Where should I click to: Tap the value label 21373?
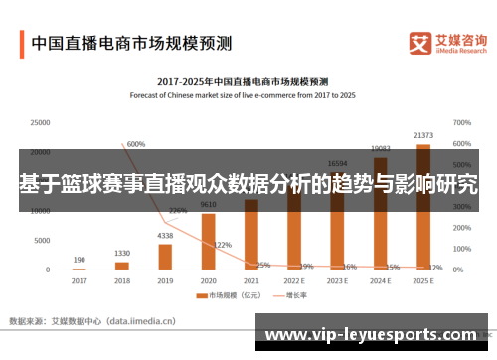[x=423, y=135]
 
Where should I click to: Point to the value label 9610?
[x=209, y=204]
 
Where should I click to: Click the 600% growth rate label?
[x=136, y=144]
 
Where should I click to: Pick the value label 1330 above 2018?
[x=122, y=253]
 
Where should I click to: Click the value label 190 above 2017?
[x=79, y=260]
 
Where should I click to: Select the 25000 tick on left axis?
[x=40, y=122]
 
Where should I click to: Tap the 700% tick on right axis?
[x=461, y=122]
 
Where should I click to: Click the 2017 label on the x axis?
[x=79, y=281]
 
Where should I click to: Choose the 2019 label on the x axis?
[x=165, y=281]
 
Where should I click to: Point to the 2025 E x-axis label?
[x=423, y=281]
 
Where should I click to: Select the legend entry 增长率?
[x=289, y=295]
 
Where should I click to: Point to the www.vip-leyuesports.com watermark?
[x=374, y=335]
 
